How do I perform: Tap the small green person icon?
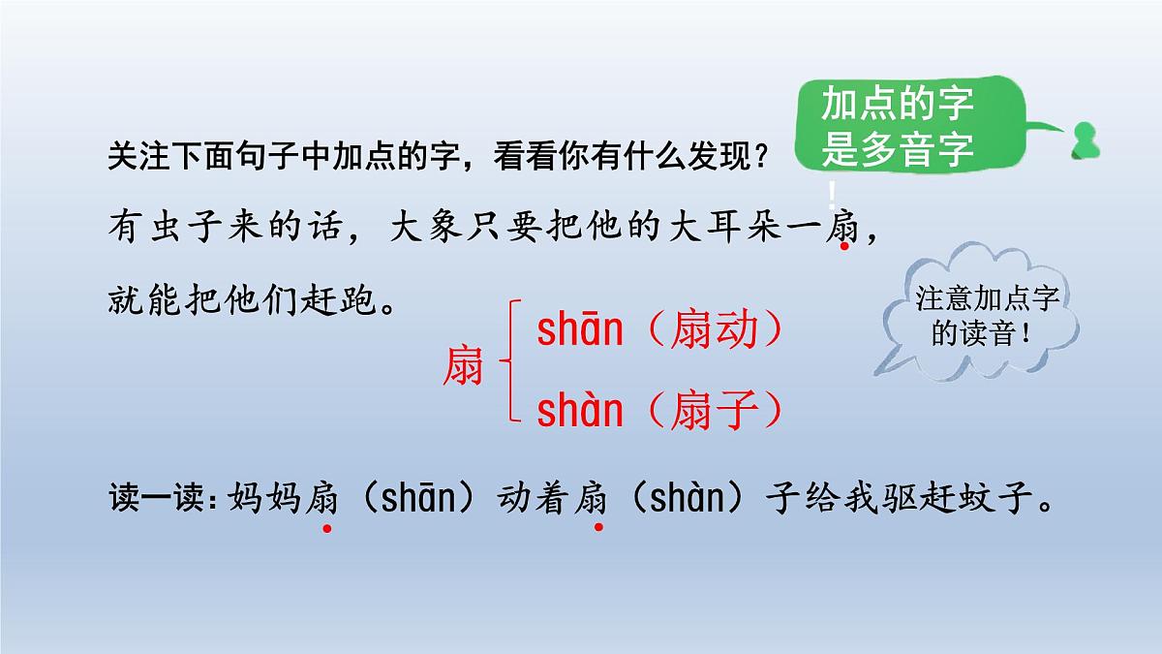pos(1084,140)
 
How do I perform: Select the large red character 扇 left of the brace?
pos(463,365)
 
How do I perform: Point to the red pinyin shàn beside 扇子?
pos(580,413)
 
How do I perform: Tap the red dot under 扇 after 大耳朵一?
pos(844,247)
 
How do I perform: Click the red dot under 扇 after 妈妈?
pos(327,528)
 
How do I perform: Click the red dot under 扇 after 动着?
pos(598,528)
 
